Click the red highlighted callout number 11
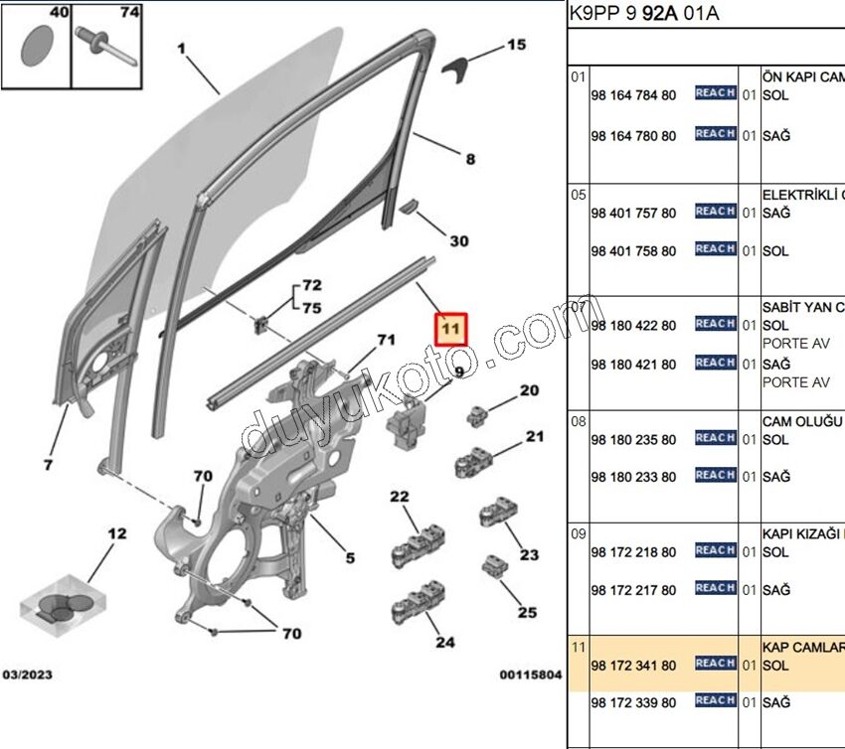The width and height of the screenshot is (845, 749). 450,327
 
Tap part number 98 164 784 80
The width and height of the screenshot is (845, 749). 633,95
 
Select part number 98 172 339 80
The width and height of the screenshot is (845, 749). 633,702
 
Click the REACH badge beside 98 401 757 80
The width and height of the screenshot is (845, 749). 715,212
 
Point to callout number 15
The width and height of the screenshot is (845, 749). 516,45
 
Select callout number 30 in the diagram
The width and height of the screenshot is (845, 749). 458,241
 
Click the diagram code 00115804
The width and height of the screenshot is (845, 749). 531,675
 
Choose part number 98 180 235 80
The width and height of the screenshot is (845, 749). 633,439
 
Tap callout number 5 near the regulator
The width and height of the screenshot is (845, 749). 350,558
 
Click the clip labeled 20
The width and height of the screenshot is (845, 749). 481,409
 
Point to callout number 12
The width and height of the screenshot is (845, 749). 117,533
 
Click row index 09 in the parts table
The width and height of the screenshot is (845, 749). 579,534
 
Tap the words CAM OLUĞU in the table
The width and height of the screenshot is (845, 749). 802,421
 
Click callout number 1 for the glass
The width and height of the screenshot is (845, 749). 182,48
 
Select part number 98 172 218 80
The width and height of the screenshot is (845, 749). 633,552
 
